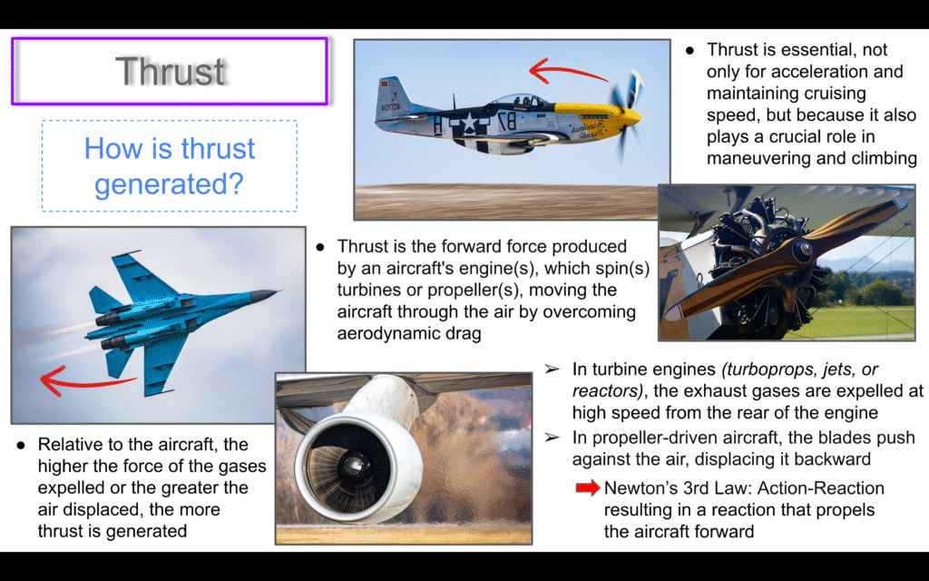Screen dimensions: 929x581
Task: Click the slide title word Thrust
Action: pyautogui.click(x=170, y=72)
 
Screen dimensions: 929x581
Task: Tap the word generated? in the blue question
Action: pyautogui.click(x=170, y=183)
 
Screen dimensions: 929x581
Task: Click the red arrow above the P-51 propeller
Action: pyautogui.click(x=568, y=72)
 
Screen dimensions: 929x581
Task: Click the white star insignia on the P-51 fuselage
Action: pyautogui.click(x=467, y=123)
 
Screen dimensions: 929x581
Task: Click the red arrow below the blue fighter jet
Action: pyautogui.click(x=86, y=380)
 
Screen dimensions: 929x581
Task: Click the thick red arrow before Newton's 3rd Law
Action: pyautogui.click(x=588, y=487)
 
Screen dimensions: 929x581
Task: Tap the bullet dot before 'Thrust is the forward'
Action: pyautogui.click(x=320, y=247)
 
